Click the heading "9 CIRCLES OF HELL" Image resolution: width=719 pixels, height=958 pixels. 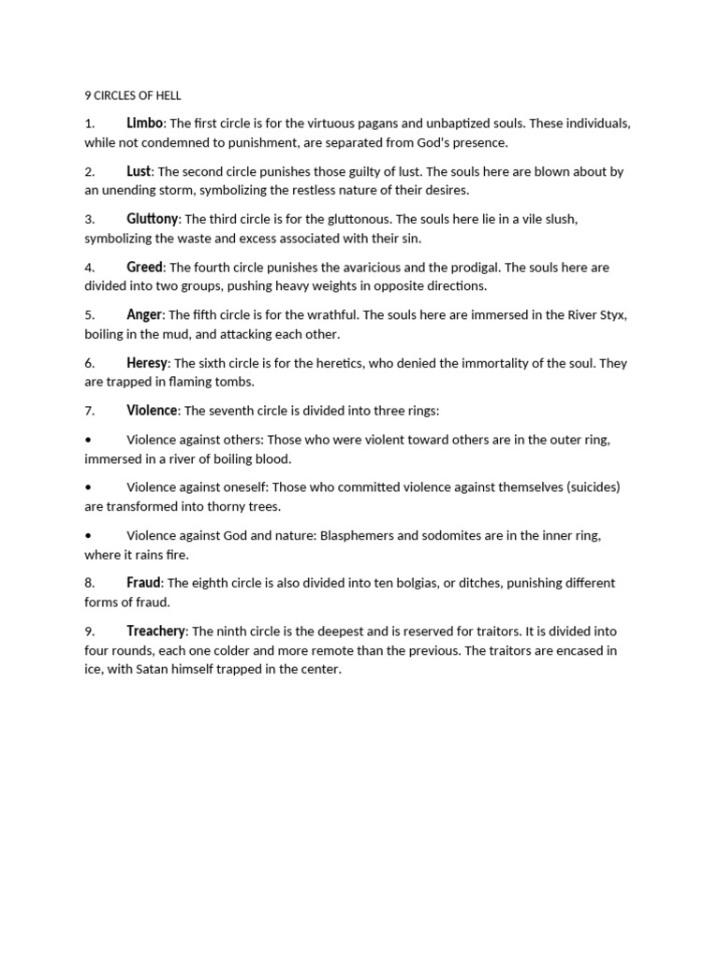coord(132,95)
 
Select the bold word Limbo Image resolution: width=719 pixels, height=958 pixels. coord(145,123)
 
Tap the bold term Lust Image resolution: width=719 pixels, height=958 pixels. coord(139,171)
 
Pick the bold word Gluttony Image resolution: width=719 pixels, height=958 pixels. coord(152,219)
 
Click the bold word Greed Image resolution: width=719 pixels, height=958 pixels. coord(145,268)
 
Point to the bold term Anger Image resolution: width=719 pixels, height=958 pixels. coord(145,314)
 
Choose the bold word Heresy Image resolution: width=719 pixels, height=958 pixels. coord(147,362)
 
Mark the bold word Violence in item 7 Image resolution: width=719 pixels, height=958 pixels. coord(152,410)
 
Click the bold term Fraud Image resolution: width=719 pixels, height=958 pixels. coord(144,583)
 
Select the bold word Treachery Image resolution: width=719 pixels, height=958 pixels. coord(156,631)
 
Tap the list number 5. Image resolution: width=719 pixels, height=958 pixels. coord(90,315)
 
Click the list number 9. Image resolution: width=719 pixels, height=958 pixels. coord(90,631)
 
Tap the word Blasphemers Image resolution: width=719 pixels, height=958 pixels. coord(358,535)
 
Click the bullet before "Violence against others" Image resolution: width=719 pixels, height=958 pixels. coord(88,440)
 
